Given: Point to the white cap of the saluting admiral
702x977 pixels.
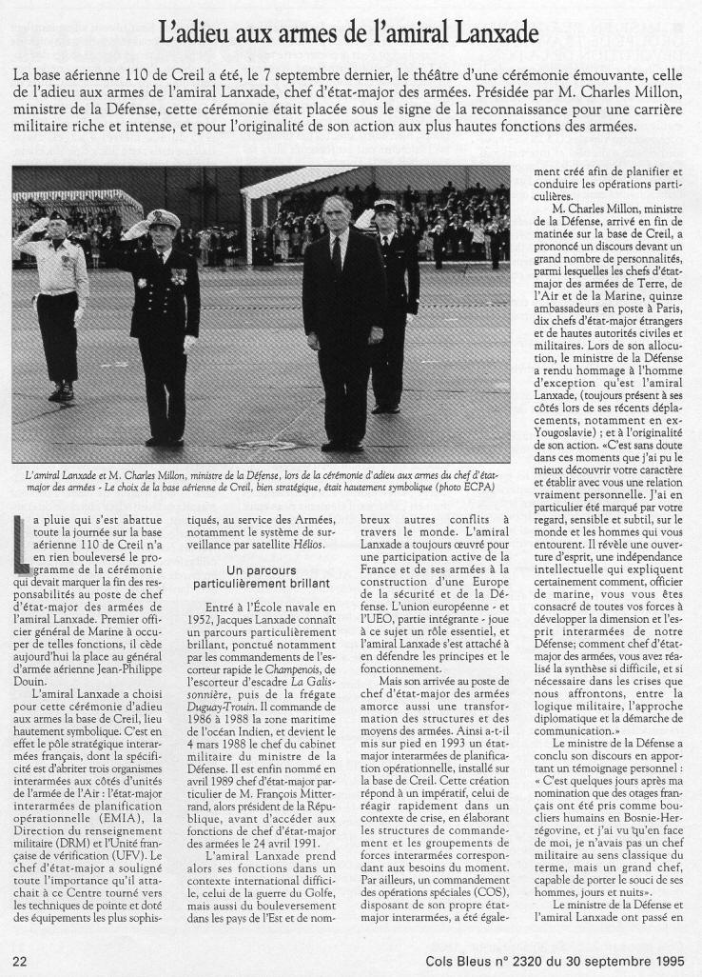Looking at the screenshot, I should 164,219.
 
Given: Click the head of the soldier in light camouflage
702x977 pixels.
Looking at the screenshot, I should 57,223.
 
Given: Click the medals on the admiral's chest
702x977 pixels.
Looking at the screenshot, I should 179,276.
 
